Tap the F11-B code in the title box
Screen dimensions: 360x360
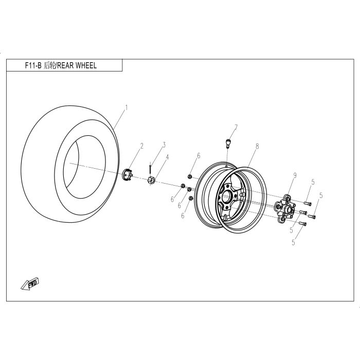(x=33, y=66)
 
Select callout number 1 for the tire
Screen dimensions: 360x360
(x=127, y=107)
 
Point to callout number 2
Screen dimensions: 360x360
(x=142, y=146)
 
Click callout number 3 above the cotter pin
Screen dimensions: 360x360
(x=164, y=145)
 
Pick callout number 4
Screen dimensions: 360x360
(x=167, y=157)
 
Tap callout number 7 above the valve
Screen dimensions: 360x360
(x=236, y=127)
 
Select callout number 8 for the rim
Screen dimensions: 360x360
(x=257, y=146)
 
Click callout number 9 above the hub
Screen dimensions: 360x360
(x=295, y=175)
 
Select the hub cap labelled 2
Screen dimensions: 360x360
(x=127, y=174)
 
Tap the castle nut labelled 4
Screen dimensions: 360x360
(x=151, y=180)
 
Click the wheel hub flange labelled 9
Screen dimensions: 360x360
(x=285, y=208)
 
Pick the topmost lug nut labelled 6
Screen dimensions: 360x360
(x=190, y=176)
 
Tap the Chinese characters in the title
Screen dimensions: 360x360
(x=49, y=66)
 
